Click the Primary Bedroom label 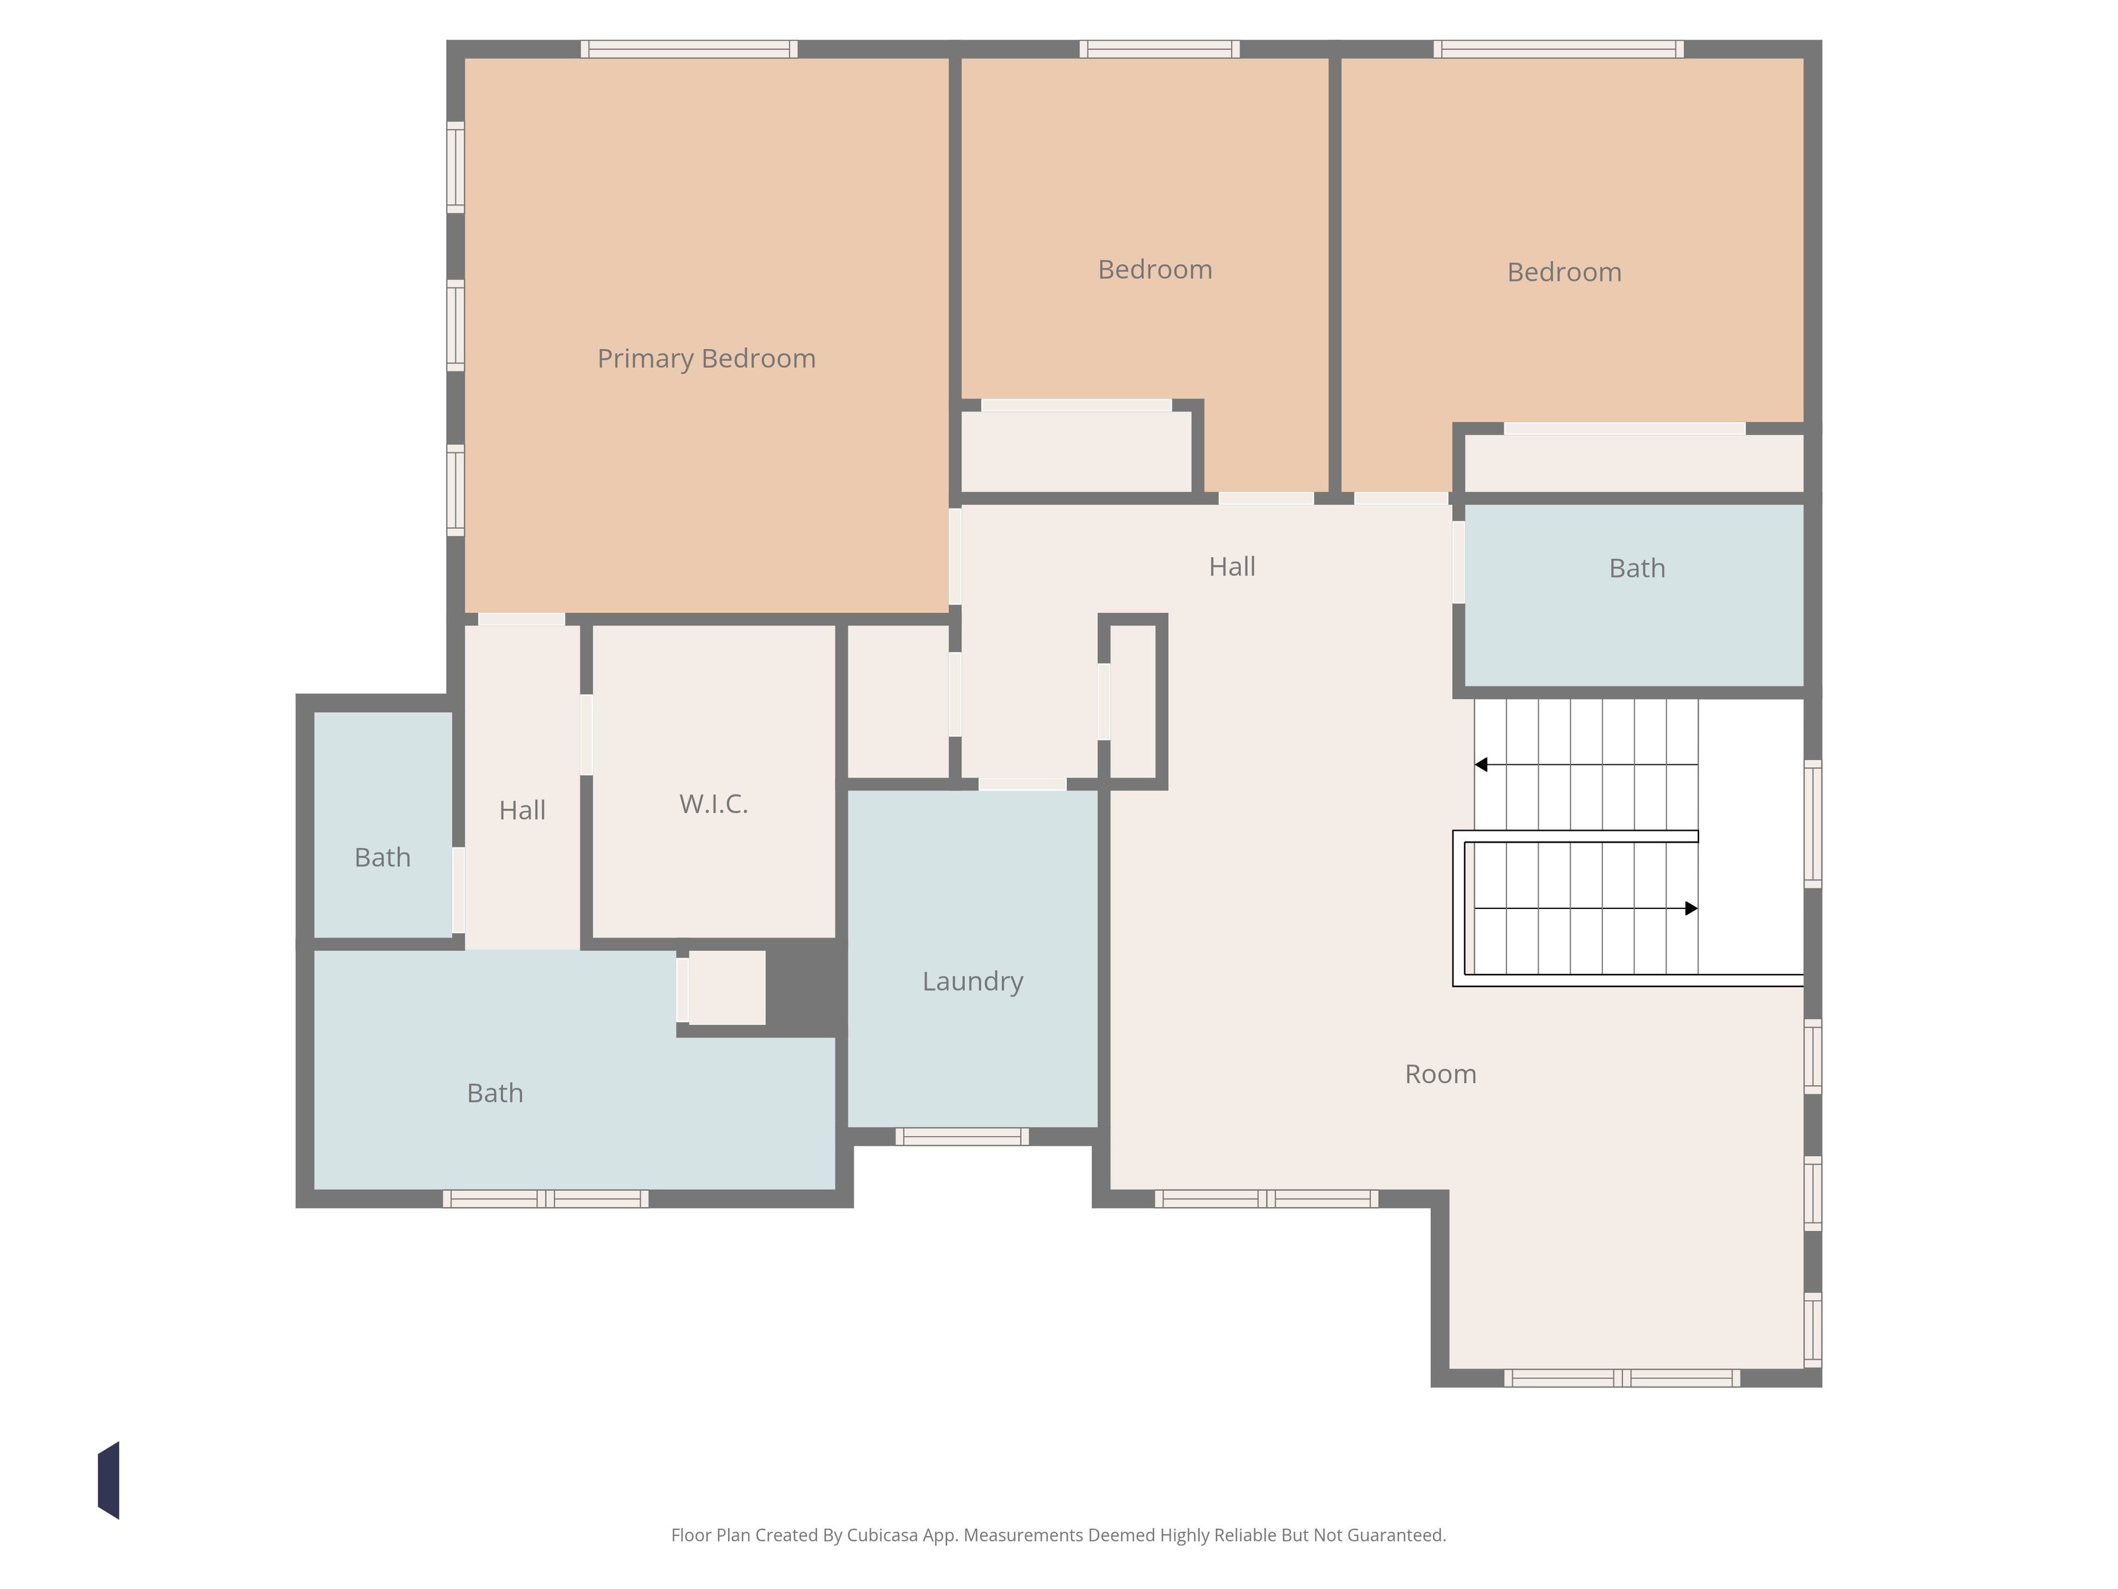[707, 358]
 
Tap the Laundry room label [973, 982]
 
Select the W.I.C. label [714, 804]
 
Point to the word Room [1440, 1074]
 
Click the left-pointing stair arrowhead [1481, 764]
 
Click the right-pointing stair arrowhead [1691, 908]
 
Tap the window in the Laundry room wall [962, 1137]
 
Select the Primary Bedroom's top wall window [690, 49]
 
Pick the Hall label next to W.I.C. [522, 810]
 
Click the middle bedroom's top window [1160, 49]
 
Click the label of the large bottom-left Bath [495, 1093]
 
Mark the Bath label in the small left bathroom [382, 857]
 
